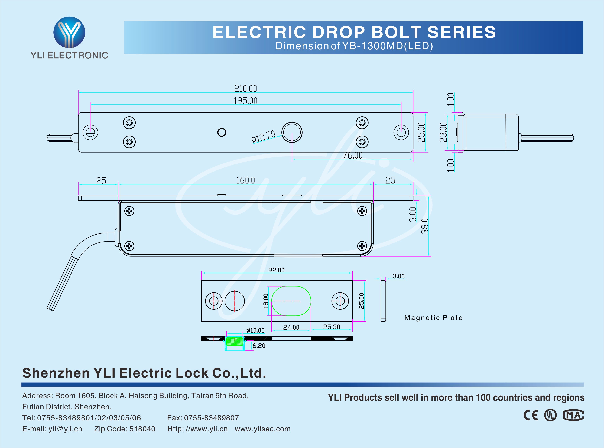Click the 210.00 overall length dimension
click(x=246, y=89)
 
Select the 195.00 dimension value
click(x=246, y=101)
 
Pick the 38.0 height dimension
click(x=425, y=226)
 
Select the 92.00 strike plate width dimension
click(x=277, y=270)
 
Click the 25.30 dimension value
click(x=332, y=327)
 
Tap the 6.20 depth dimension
click(x=259, y=346)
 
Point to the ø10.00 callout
click(x=255, y=331)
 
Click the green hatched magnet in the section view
click(x=235, y=341)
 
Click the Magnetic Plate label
click(x=433, y=318)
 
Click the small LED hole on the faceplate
click(x=222, y=132)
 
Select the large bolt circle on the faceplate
click(x=292, y=132)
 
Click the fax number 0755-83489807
click(x=211, y=418)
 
